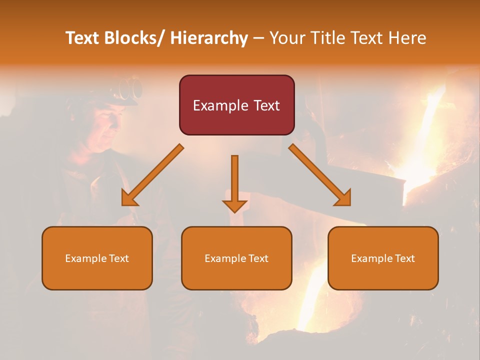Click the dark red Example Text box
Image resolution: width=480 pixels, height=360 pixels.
pos(236,105)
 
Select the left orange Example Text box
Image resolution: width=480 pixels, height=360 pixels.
pos(97,258)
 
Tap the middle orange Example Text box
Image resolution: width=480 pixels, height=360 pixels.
pos(236,258)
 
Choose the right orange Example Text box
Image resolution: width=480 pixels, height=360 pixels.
pos(383,258)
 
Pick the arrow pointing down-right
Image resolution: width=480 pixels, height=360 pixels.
pos(320,175)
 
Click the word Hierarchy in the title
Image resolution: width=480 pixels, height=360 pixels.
pos(209,38)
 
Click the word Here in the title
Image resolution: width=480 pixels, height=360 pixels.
pos(407,38)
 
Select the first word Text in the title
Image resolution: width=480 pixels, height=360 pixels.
pos(83,38)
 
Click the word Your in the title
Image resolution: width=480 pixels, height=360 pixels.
pos(288,38)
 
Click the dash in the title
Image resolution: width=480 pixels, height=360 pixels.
pos(258,38)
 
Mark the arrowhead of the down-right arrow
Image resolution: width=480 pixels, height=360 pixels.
pos(342,197)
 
